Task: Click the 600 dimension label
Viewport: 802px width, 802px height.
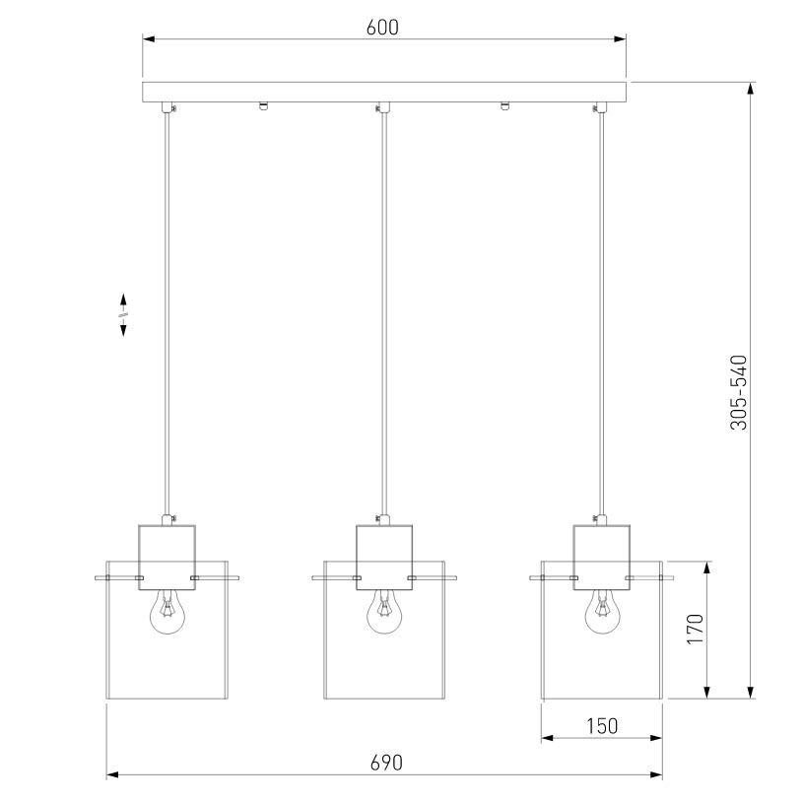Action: [x=382, y=28]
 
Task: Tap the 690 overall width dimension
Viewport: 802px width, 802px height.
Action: [x=386, y=763]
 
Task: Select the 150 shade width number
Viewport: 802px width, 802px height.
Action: [x=602, y=726]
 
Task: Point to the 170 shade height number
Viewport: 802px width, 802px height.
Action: [x=696, y=629]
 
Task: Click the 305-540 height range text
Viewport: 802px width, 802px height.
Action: [x=738, y=392]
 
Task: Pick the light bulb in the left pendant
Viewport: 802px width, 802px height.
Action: [x=167, y=612]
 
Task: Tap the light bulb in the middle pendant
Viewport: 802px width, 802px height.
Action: [x=384, y=612]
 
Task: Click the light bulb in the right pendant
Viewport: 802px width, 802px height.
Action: [x=602, y=612]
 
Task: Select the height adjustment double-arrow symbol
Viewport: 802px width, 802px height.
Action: [x=123, y=314]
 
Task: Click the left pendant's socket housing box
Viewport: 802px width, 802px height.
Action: [x=167, y=558]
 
